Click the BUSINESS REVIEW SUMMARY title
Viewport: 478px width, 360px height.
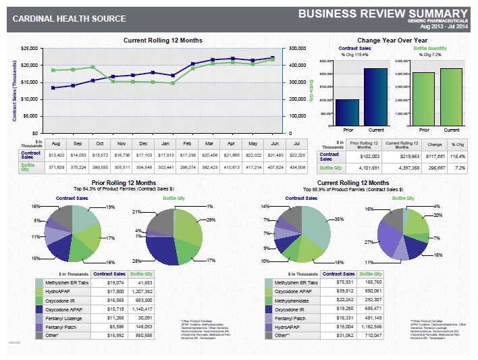coord(383,14)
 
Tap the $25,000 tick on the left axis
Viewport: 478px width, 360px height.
coord(30,49)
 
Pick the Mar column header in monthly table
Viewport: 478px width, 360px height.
coord(209,143)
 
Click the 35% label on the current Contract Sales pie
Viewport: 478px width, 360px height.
coord(339,220)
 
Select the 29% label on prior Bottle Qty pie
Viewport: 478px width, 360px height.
coord(211,221)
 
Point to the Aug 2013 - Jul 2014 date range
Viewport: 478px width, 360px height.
coord(444,27)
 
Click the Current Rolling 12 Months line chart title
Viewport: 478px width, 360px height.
coord(163,41)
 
